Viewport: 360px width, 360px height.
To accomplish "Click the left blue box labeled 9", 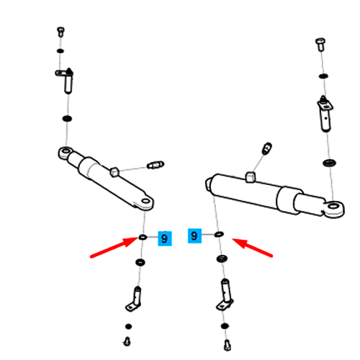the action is point(165,238).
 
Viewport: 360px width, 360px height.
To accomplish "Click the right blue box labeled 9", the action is point(194,235).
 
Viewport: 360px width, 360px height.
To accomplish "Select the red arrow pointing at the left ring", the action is point(114,248).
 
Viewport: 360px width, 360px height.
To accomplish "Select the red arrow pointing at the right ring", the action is point(252,248).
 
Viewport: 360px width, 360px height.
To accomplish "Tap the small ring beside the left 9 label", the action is point(143,237).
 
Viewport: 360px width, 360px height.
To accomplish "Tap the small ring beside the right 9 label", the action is point(219,234).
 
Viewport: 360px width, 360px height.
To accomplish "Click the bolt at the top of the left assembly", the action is point(60,32).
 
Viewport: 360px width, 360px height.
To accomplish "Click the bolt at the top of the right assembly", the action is point(320,45).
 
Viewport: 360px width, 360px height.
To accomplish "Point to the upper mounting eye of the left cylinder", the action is point(66,152).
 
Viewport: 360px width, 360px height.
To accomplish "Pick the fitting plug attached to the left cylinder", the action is point(156,165).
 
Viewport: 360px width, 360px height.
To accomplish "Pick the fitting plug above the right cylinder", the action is point(266,148).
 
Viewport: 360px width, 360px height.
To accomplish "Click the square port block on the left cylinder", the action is point(114,171).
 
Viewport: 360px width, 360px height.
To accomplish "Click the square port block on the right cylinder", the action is point(250,177).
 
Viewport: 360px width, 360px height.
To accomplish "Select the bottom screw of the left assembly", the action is point(127,341).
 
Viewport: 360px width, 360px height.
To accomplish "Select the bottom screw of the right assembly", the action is point(227,346).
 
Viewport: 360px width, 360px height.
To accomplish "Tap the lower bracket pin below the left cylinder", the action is point(134,299).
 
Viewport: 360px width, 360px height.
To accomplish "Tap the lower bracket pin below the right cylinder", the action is point(225,294).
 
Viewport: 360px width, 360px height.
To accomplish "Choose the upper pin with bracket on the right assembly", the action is point(325,114).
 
